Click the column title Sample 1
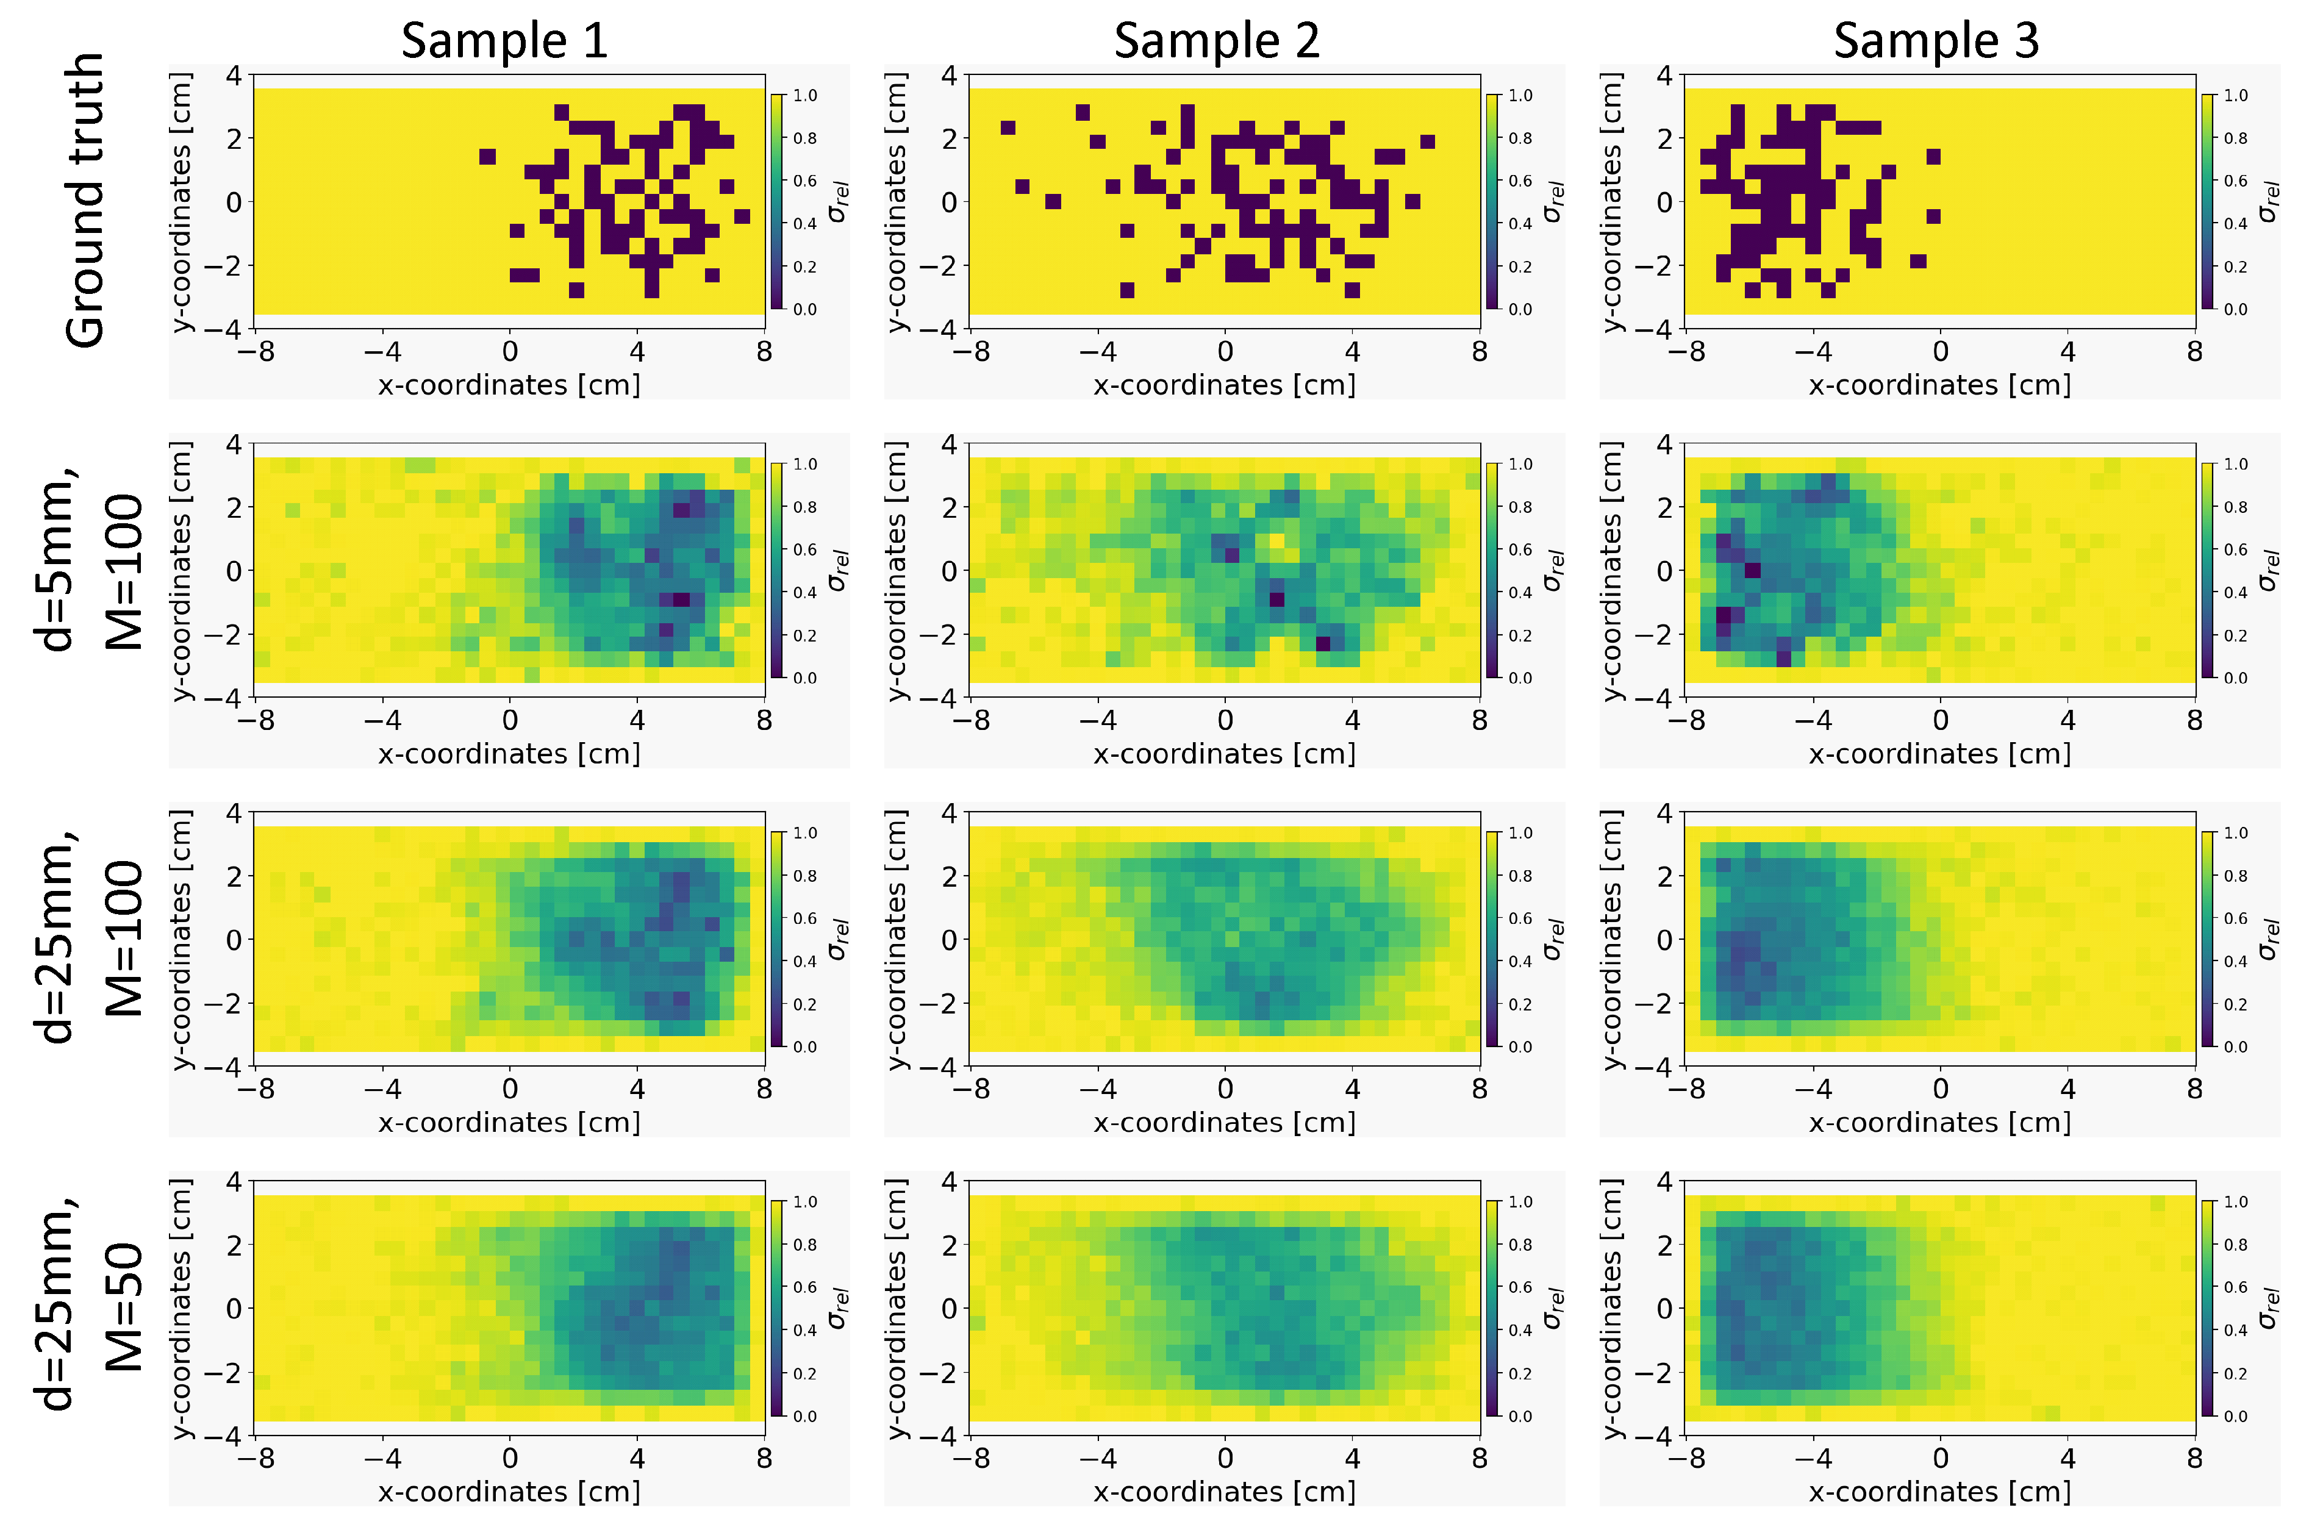(504, 41)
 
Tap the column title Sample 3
(1936, 41)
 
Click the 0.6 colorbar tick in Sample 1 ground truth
(804, 181)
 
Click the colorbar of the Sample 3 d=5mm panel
(2208, 570)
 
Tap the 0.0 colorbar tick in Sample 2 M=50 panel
(1520, 1416)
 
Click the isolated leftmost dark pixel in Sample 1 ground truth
(488, 157)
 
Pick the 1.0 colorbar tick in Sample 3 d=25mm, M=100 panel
(2235, 832)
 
